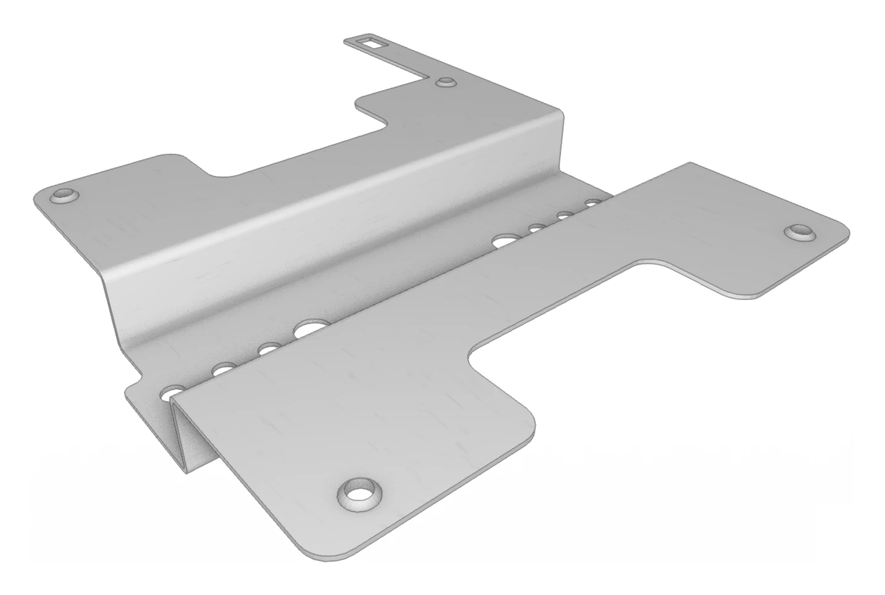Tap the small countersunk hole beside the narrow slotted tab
pyautogui.click(x=444, y=82)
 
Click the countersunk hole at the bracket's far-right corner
pyautogui.click(x=800, y=232)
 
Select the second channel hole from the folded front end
pyautogui.click(x=223, y=370)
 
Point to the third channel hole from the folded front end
pyautogui.click(x=268, y=349)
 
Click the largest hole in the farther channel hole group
pyautogui.click(x=506, y=239)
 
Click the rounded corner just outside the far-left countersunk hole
pyautogui.click(x=38, y=196)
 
